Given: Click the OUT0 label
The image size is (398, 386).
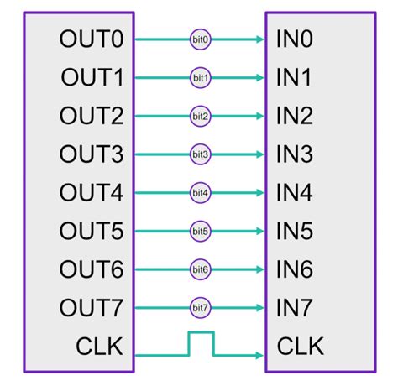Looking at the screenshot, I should [x=92, y=39].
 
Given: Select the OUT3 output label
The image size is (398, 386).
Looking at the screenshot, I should [x=92, y=154].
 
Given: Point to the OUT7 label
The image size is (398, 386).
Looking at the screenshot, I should [x=92, y=307].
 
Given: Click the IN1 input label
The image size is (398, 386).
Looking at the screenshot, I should [x=293, y=78].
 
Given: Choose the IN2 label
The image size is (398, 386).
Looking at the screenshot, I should [x=293, y=116].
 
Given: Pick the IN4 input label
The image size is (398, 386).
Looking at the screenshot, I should [x=293, y=192].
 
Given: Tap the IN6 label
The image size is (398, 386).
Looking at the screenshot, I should [x=293, y=269].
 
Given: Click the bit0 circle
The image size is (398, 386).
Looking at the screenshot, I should [x=200, y=39].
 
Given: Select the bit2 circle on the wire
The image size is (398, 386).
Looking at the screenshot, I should [x=200, y=116].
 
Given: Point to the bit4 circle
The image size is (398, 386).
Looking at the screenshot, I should [x=200, y=192].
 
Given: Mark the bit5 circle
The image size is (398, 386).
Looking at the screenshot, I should [x=200, y=231].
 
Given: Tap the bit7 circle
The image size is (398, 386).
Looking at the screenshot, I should [x=200, y=307].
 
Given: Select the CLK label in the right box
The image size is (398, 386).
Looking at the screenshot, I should [x=300, y=346].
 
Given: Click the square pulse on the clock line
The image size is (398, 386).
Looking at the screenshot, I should [x=201, y=342].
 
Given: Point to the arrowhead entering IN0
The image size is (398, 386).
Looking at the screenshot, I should [x=259, y=39].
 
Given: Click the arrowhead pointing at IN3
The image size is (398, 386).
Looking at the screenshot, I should [x=259, y=154].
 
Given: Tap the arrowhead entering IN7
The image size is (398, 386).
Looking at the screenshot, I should [x=259, y=307].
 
